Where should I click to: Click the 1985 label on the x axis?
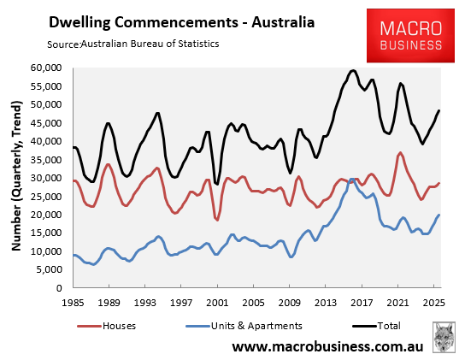pyautogui.click(x=74, y=303)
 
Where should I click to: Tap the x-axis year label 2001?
pyautogui.click(x=217, y=303)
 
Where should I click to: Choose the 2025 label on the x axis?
pyautogui.click(x=433, y=303)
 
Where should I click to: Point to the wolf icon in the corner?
pyautogui.click(x=444, y=337)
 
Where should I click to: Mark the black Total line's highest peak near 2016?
pyautogui.click(x=353, y=70)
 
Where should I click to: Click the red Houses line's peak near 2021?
pyautogui.click(x=401, y=153)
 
